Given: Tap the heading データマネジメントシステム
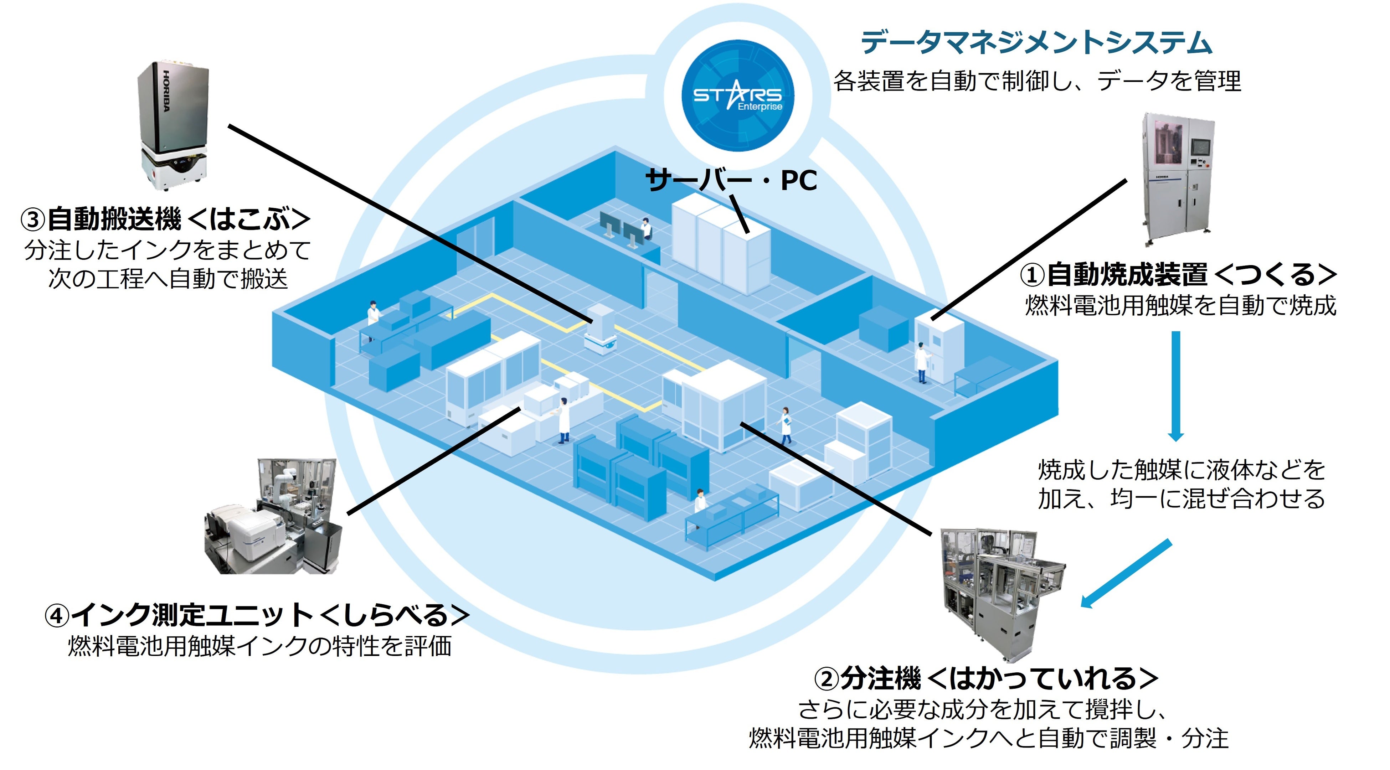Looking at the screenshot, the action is (x=1036, y=43).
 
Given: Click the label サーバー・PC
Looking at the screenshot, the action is (x=731, y=180).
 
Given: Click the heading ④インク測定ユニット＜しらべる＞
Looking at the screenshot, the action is (x=257, y=615).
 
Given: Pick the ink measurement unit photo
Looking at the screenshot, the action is (x=273, y=516).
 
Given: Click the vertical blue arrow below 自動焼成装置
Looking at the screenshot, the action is (x=1176, y=386).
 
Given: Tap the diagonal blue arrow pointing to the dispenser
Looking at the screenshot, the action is (x=1126, y=574).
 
